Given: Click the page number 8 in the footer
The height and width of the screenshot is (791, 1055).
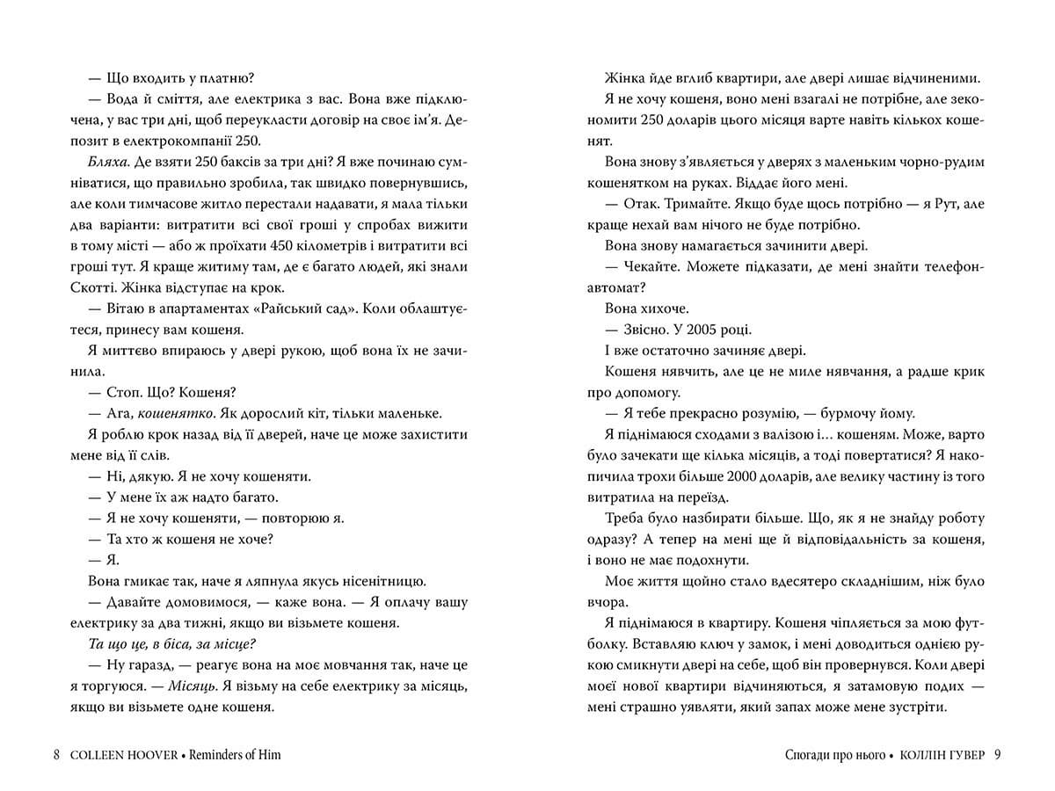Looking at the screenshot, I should click(56, 755).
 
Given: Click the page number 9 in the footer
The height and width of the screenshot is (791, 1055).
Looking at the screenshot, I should click(997, 755).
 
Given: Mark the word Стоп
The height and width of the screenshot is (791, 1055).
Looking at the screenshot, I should click(125, 391).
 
